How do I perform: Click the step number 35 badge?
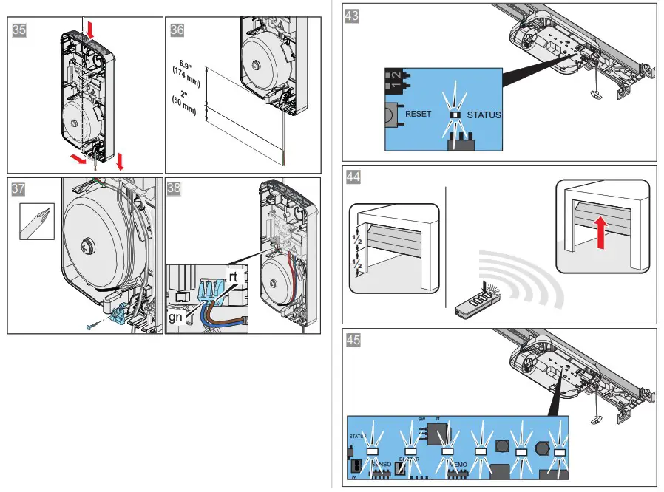click(21, 30)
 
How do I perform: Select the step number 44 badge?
click(354, 177)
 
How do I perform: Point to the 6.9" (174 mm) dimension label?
click(183, 71)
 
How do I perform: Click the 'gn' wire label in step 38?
click(176, 316)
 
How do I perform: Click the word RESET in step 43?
click(419, 115)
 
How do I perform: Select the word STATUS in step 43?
click(484, 115)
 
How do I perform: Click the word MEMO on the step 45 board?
click(457, 464)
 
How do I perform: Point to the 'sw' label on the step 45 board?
click(422, 417)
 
